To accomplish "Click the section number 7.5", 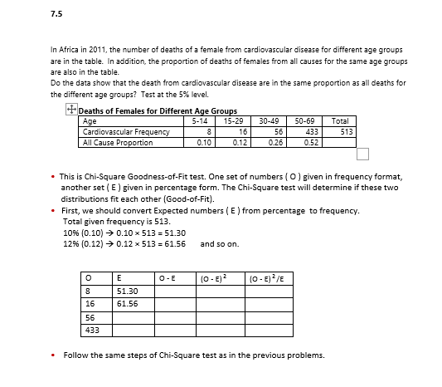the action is [56, 14].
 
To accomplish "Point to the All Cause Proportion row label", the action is [119, 142].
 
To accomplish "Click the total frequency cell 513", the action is [347, 131].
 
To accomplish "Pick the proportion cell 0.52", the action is [313, 142].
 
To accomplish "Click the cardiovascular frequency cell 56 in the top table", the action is [279, 131].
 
